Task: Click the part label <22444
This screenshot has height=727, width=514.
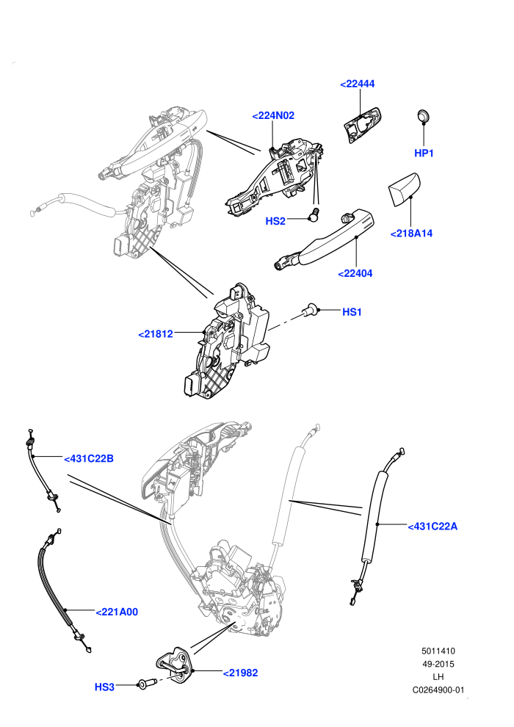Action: coord(357,84)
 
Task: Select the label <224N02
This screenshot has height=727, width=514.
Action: coord(273,115)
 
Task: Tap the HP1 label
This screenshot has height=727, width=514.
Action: coord(424,153)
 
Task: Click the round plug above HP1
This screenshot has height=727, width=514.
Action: coord(423,115)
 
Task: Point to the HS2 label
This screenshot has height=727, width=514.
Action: coord(275,221)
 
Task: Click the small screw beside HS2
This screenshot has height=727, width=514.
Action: coord(314,214)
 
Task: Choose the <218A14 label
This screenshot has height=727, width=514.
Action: coord(411,234)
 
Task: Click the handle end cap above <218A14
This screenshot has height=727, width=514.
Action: coord(404,189)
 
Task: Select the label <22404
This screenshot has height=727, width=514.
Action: coord(355,274)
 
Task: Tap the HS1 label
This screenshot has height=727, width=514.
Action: coord(352,312)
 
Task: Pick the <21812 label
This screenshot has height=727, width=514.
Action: coord(155,334)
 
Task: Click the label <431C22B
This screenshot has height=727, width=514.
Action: coord(89,458)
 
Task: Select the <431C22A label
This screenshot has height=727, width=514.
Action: coord(432,527)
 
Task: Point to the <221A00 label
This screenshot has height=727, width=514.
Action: coord(117,612)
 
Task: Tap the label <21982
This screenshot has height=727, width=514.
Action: coord(240,673)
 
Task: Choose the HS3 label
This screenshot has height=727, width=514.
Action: coord(104,687)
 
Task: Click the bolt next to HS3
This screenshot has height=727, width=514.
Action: coord(145,684)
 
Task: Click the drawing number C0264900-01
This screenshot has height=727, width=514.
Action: coord(438,690)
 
